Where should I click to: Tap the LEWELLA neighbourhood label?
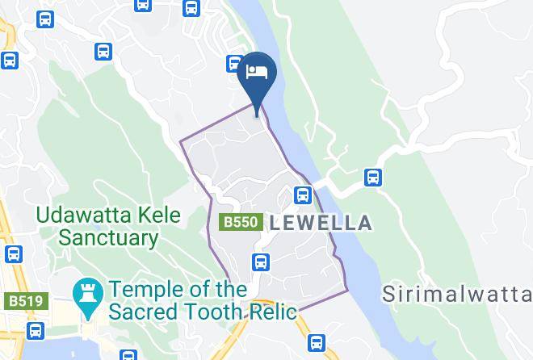coord(322,223)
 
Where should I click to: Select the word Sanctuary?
coord(108,238)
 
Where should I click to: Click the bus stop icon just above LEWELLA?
coord(303,195)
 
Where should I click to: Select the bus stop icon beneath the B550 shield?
coord(260,262)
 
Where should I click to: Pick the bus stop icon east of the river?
coord(372,176)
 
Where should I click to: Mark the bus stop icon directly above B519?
coord(13,254)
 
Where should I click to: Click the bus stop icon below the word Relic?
coord(317,341)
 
